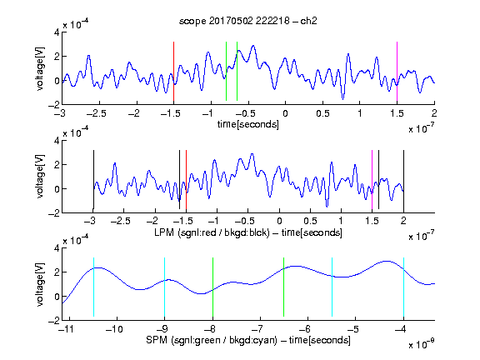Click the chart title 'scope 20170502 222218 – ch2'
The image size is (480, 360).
click(x=248, y=21)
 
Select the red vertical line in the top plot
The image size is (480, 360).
click(x=173, y=72)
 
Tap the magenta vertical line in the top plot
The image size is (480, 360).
click(x=397, y=72)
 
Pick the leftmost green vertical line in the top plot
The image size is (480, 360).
click(x=226, y=72)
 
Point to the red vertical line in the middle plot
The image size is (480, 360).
click(x=186, y=180)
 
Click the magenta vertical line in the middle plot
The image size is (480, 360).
click(x=372, y=180)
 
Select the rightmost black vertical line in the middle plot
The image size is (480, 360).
click(x=403, y=180)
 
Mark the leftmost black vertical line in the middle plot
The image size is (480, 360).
click(x=93, y=180)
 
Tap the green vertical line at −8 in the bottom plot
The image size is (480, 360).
click(x=212, y=287)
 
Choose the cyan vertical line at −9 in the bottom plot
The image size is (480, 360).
click(x=165, y=287)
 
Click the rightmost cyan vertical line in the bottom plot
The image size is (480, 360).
click(x=404, y=287)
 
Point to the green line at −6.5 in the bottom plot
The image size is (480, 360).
click(x=284, y=287)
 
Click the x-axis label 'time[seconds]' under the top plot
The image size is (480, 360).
click(x=248, y=124)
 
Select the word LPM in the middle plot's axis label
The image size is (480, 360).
click(x=164, y=232)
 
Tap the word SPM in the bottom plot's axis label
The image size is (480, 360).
click(x=157, y=340)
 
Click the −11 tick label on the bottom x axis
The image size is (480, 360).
click(x=66, y=329)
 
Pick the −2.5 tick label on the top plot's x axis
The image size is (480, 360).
click(x=96, y=113)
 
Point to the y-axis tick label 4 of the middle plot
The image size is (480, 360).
click(x=57, y=141)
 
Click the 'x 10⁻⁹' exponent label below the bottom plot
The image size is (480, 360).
click(x=422, y=344)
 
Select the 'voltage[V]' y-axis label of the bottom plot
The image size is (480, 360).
click(x=40, y=284)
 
